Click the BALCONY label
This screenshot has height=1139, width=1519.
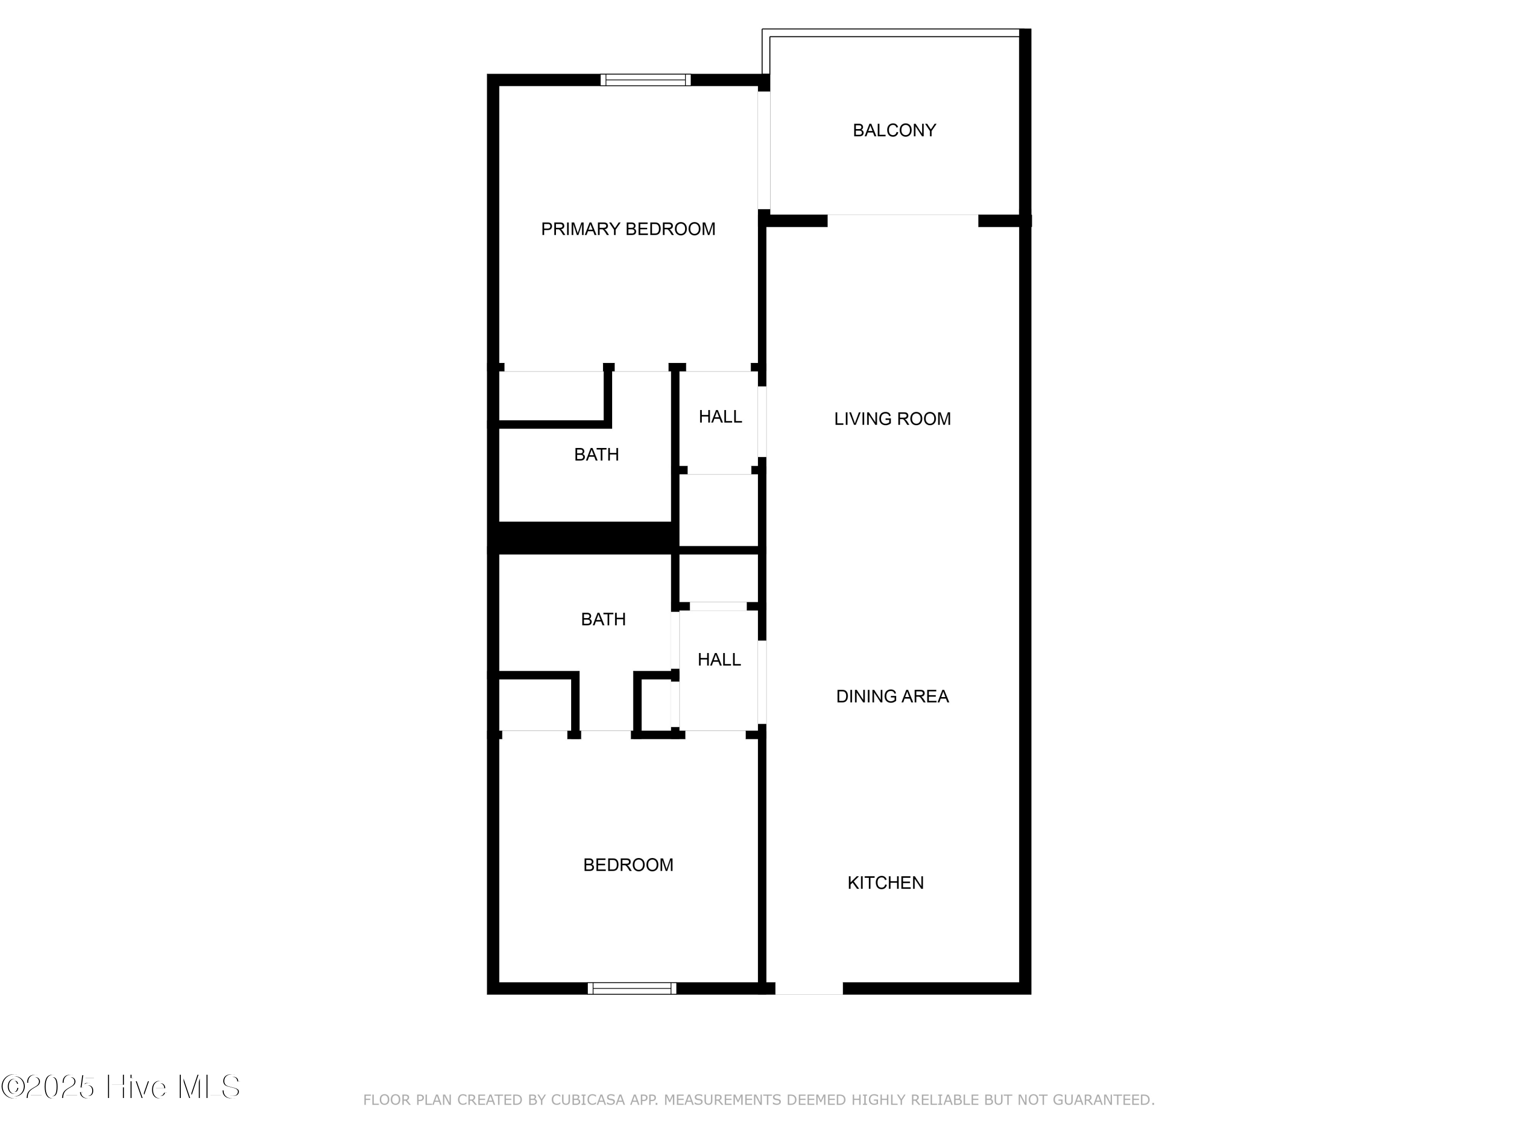tap(894, 131)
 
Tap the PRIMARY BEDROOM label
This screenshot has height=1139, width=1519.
tap(628, 229)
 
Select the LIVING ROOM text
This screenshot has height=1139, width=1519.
tap(892, 419)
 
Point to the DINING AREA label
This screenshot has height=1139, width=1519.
tap(892, 696)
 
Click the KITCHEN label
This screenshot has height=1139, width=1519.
tap(885, 883)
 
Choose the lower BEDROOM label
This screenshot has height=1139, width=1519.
tap(628, 865)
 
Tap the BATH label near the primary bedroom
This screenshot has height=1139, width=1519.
tap(596, 455)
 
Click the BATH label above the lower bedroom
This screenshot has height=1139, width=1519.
tap(603, 619)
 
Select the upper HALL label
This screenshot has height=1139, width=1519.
tap(719, 417)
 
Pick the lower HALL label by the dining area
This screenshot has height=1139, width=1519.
tap(719, 660)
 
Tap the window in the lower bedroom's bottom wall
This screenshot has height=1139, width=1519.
tap(632, 988)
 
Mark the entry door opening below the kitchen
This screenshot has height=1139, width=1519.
tap(809, 988)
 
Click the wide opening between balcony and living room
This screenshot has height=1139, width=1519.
tap(902, 220)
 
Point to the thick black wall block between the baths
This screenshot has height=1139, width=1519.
tap(584, 538)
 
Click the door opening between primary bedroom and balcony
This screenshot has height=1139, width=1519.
tap(764, 150)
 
